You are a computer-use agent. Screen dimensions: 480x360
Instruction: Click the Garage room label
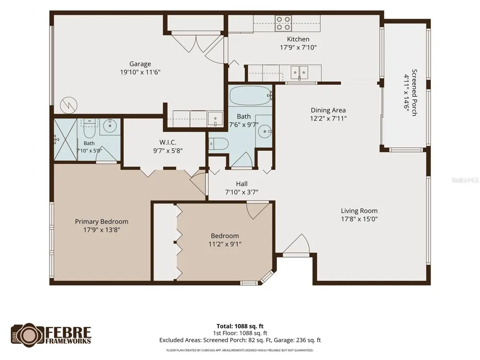tap(140, 64)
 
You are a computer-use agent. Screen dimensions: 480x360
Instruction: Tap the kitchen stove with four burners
tap(283, 24)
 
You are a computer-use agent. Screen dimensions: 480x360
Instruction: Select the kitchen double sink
tap(299, 72)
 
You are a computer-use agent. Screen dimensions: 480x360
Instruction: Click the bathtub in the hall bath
tap(251, 96)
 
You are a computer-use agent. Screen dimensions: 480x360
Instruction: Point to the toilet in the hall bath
tap(218, 144)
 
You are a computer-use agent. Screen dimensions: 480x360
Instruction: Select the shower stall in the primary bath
tap(65, 140)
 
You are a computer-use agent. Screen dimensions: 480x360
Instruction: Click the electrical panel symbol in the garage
tap(69, 106)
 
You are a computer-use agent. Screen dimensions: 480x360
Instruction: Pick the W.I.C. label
tap(168, 143)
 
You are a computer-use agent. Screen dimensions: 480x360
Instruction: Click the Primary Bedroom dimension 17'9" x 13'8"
tap(102, 229)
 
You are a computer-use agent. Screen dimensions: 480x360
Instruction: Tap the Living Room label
tap(360, 211)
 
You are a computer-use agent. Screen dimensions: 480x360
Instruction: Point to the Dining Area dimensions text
tap(328, 118)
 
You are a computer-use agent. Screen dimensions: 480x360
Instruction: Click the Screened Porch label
tap(414, 93)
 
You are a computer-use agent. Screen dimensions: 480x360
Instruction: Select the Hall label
tap(242, 184)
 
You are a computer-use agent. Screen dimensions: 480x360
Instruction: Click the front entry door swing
tap(296, 244)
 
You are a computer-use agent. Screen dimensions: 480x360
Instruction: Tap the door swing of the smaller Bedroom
tap(259, 211)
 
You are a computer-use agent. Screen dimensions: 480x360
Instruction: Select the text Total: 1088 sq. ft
tap(240, 326)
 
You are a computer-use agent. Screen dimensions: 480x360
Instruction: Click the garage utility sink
tap(215, 119)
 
